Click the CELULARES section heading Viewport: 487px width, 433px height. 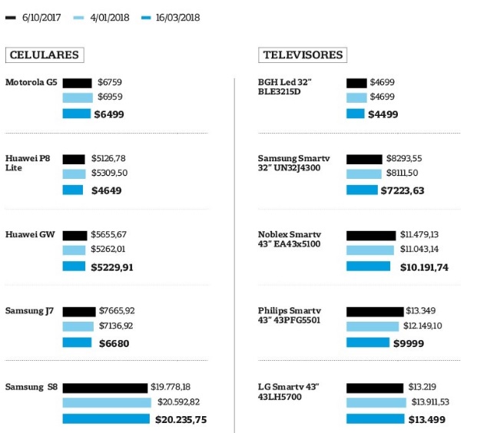click(44, 55)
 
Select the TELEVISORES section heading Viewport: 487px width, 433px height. click(303, 55)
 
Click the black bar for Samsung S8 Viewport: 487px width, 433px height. click(104, 388)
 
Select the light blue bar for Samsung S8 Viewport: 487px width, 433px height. click(107, 402)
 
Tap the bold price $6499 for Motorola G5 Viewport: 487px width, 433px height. click(108, 114)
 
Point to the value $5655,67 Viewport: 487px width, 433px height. click(108, 235)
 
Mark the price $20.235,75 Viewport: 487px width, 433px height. click(181, 419)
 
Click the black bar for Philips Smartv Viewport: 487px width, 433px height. click(375, 311)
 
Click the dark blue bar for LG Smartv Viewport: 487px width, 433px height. click(375, 419)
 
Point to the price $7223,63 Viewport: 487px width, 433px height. click(403, 190)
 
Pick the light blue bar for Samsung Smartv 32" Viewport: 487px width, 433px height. click(362, 174)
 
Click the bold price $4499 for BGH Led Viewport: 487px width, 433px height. click(383, 114)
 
